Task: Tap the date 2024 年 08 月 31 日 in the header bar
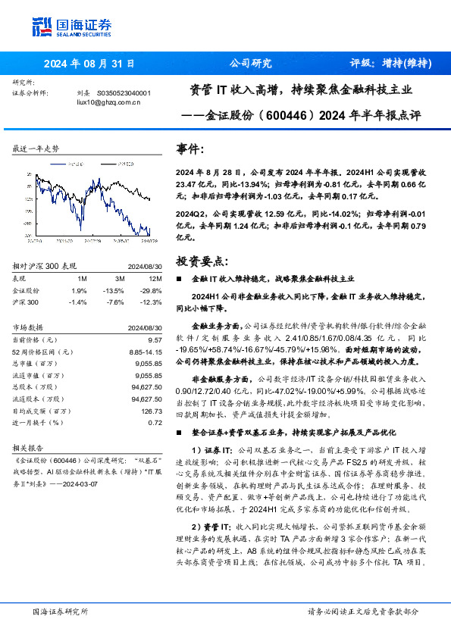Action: pos(89,64)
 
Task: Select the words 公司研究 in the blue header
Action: pos(249,64)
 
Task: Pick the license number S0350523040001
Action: pos(124,93)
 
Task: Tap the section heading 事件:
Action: pos(189,149)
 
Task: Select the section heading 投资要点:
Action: pos(201,261)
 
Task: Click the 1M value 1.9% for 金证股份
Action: pos(79,290)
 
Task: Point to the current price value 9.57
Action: pos(155,341)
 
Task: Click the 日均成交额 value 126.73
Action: pos(151,410)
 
